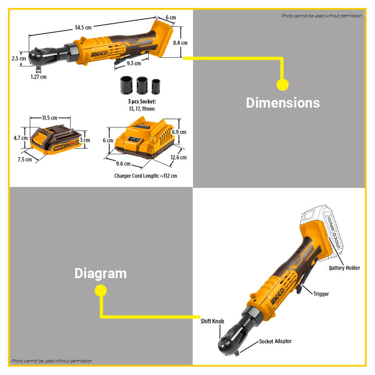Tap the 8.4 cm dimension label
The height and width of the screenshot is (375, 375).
(x=181, y=43)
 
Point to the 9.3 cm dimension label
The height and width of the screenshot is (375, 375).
(x=134, y=63)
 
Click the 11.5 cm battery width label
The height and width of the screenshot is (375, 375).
(x=50, y=117)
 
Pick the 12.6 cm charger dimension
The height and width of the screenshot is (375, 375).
(x=179, y=157)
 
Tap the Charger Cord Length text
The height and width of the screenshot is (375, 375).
(x=145, y=176)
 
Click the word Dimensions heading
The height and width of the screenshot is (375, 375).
(x=282, y=103)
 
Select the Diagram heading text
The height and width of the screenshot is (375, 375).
(x=100, y=273)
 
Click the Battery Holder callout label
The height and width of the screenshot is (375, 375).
(x=344, y=268)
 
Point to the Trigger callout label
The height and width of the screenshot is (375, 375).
(x=321, y=294)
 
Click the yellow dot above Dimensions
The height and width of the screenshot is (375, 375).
(x=282, y=84)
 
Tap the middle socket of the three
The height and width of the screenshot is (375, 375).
(x=142, y=86)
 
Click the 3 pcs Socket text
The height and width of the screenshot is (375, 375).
(x=141, y=102)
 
